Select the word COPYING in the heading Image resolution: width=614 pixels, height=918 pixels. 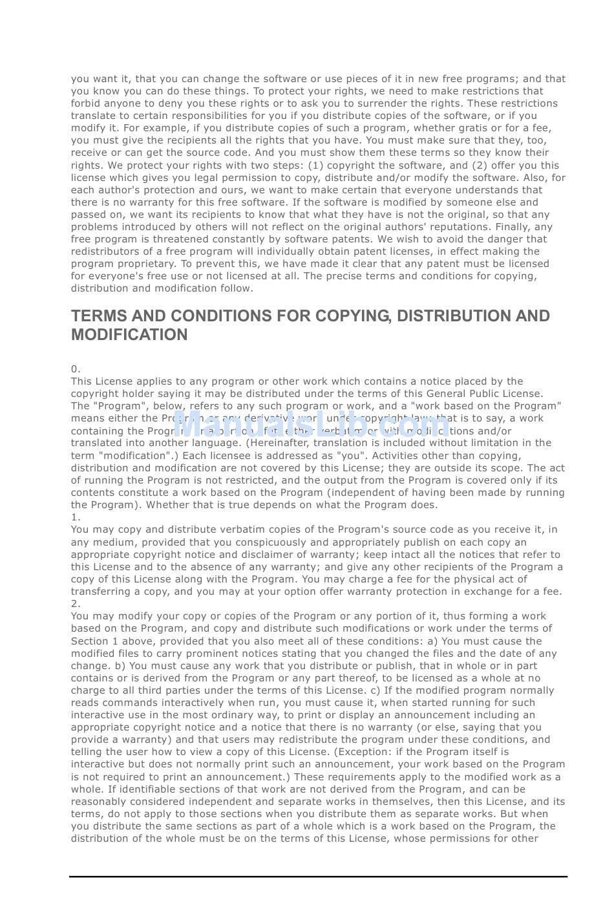click(352, 316)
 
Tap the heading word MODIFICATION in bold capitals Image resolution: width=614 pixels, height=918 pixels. click(129, 335)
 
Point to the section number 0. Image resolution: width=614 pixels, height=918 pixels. click(76, 369)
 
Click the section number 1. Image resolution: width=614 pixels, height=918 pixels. click(76, 517)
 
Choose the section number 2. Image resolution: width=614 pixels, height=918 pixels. click(76, 604)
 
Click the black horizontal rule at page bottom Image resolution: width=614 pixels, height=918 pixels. click(318, 877)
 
